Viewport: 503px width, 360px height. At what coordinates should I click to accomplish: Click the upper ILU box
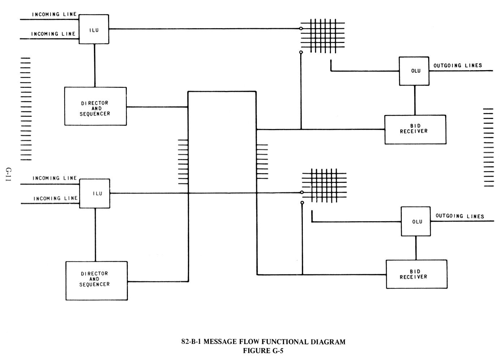pos(94,29)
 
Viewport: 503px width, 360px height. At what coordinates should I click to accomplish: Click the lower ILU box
pos(95,193)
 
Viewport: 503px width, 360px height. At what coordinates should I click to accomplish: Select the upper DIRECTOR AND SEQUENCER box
pos(95,106)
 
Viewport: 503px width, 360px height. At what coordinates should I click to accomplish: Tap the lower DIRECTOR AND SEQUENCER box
pos(96,280)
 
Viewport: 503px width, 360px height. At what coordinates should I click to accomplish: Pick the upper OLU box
pos(414,71)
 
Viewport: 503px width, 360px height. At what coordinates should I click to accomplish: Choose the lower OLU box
pos(416,221)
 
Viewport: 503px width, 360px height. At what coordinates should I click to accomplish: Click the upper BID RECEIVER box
pos(415,129)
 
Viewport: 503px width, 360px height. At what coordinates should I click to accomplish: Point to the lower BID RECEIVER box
pos(416,274)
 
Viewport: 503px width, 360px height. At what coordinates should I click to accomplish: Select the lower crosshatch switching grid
pos(324,185)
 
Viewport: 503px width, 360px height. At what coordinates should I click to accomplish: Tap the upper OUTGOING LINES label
pos(457,65)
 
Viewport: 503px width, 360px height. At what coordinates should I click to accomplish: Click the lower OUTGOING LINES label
pos(460,216)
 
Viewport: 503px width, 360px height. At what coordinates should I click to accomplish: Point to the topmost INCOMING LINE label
pos(55,14)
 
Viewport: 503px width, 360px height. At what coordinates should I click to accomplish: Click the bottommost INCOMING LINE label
pos(56,198)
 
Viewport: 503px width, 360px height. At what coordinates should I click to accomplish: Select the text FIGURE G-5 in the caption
pos(263,350)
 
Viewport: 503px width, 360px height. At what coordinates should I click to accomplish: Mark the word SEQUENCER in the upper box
pos(95,113)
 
